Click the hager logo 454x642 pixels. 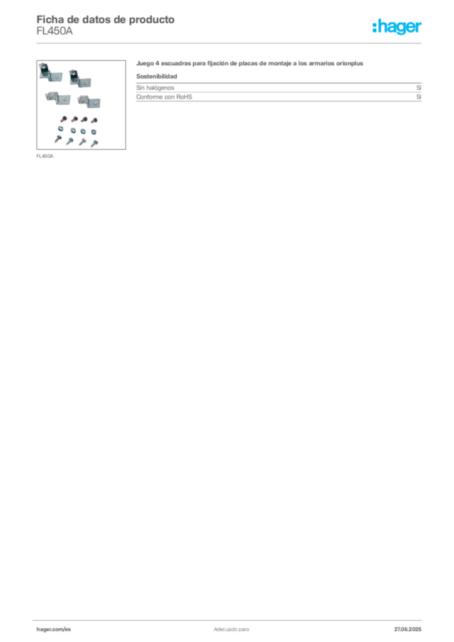coord(397,26)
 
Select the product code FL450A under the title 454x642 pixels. coord(55,31)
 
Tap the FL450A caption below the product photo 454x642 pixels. coord(45,156)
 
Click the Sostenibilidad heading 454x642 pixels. coord(157,76)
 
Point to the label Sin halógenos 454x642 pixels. coord(155,88)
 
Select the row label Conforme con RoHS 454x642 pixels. coord(164,97)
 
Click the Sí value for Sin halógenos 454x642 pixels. coord(419,88)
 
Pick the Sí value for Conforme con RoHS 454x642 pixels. coord(419,97)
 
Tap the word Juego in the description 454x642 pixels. coord(145,63)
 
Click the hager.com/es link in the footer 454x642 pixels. coord(54,629)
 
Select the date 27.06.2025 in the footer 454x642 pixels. coord(408,629)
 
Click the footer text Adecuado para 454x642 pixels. coord(231,629)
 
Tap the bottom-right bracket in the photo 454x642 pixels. coord(89,102)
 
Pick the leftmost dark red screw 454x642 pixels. coord(63,120)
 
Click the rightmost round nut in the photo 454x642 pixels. coord(94,132)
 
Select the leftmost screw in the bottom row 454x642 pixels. coord(58,139)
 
